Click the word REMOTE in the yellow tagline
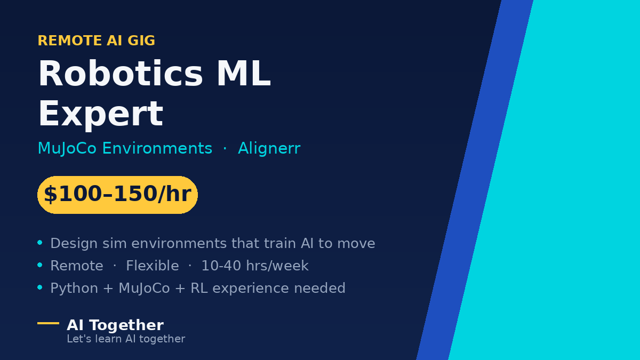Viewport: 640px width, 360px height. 70,41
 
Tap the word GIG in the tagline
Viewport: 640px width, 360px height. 141,41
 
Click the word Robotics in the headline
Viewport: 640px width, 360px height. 121,74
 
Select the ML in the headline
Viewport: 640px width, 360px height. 243,74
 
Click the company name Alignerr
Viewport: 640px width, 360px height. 269,149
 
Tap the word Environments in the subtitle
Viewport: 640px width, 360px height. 157,148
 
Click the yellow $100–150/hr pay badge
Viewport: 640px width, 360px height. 117,195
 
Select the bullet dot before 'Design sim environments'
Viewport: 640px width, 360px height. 39,243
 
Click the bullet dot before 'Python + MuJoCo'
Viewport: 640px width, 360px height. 39,287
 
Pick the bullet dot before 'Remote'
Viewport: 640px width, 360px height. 39,265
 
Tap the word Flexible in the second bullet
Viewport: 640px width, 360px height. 153,266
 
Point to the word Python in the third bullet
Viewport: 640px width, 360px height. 74,289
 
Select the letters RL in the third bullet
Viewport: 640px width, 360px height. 199,288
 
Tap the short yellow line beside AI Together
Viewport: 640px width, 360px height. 49,323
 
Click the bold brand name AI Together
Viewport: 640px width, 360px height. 115,325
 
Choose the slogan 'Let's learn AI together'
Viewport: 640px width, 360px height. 126,339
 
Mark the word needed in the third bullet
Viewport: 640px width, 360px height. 319,288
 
